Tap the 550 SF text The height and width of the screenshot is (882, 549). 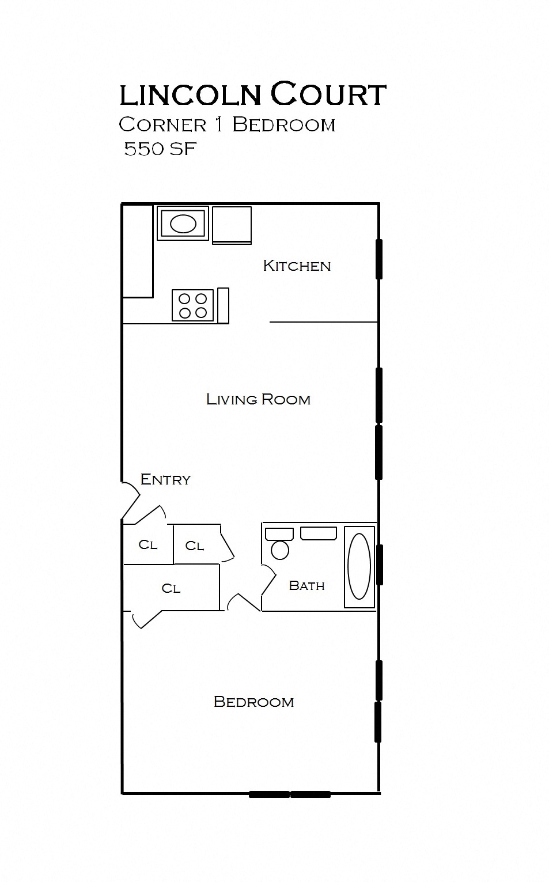click(160, 149)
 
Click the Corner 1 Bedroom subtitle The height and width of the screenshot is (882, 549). click(227, 125)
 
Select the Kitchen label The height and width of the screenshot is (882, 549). click(297, 266)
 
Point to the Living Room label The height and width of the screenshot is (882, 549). click(258, 400)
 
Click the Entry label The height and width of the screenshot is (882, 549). click(165, 479)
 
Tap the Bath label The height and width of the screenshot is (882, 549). click(307, 585)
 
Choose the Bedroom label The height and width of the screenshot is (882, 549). click(253, 702)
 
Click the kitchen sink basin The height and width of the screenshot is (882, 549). click(183, 224)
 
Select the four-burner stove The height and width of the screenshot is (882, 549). click(192, 305)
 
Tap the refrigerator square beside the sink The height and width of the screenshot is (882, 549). click(232, 225)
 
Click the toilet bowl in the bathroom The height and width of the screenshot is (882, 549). click(280, 550)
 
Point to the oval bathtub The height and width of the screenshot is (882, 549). click(359, 566)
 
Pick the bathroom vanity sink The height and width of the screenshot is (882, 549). click(318, 533)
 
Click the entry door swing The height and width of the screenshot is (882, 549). click(131, 500)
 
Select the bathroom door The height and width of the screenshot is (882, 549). click(269, 580)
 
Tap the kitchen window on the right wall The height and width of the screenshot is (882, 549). click(379, 259)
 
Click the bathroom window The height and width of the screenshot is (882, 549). click(379, 565)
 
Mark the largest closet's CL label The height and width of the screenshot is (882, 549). click(171, 588)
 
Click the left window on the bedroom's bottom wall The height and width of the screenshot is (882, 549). click(270, 794)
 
